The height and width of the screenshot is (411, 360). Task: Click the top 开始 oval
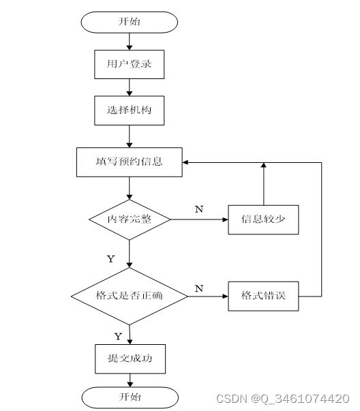(x=130, y=22)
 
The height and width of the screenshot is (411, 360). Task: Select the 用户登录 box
(x=130, y=64)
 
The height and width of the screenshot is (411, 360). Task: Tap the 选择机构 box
(x=130, y=110)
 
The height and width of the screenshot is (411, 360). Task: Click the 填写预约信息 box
(x=130, y=162)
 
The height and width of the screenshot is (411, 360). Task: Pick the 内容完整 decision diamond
(x=130, y=219)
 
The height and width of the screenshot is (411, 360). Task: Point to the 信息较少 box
(x=263, y=219)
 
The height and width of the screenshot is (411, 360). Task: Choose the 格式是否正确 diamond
(x=130, y=296)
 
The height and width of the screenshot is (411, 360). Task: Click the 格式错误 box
(x=263, y=296)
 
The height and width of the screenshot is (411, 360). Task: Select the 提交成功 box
(x=130, y=359)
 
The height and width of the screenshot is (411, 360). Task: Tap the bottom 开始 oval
(x=130, y=397)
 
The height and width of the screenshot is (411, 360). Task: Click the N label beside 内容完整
(x=199, y=209)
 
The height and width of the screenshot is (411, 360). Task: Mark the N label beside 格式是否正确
(x=199, y=288)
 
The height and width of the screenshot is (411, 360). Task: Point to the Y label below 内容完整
(x=111, y=259)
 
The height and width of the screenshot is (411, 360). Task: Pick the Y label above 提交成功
(x=118, y=336)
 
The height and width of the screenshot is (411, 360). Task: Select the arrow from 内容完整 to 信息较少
(x=199, y=219)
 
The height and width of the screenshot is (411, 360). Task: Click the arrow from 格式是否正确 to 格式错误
(x=208, y=296)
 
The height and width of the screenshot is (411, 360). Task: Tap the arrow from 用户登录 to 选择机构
(x=130, y=87)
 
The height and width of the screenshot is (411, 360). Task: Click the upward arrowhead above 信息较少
(x=264, y=165)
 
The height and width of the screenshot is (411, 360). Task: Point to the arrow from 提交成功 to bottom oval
(x=130, y=380)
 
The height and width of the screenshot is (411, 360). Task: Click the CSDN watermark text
(x=283, y=399)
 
